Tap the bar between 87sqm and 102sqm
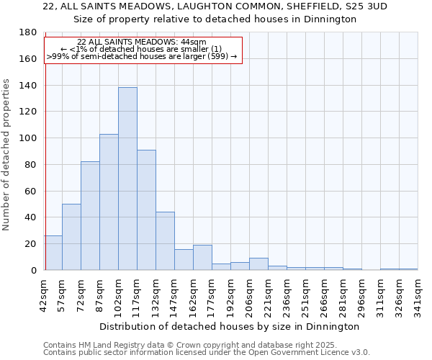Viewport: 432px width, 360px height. tap(109, 202)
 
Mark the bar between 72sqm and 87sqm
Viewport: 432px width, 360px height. tap(90, 216)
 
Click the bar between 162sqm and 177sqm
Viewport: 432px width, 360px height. tap(202, 258)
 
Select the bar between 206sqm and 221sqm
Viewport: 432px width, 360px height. tap(258, 264)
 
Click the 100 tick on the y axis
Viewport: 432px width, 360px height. tap(28, 138)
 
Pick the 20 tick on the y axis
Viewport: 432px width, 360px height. tap(31, 244)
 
